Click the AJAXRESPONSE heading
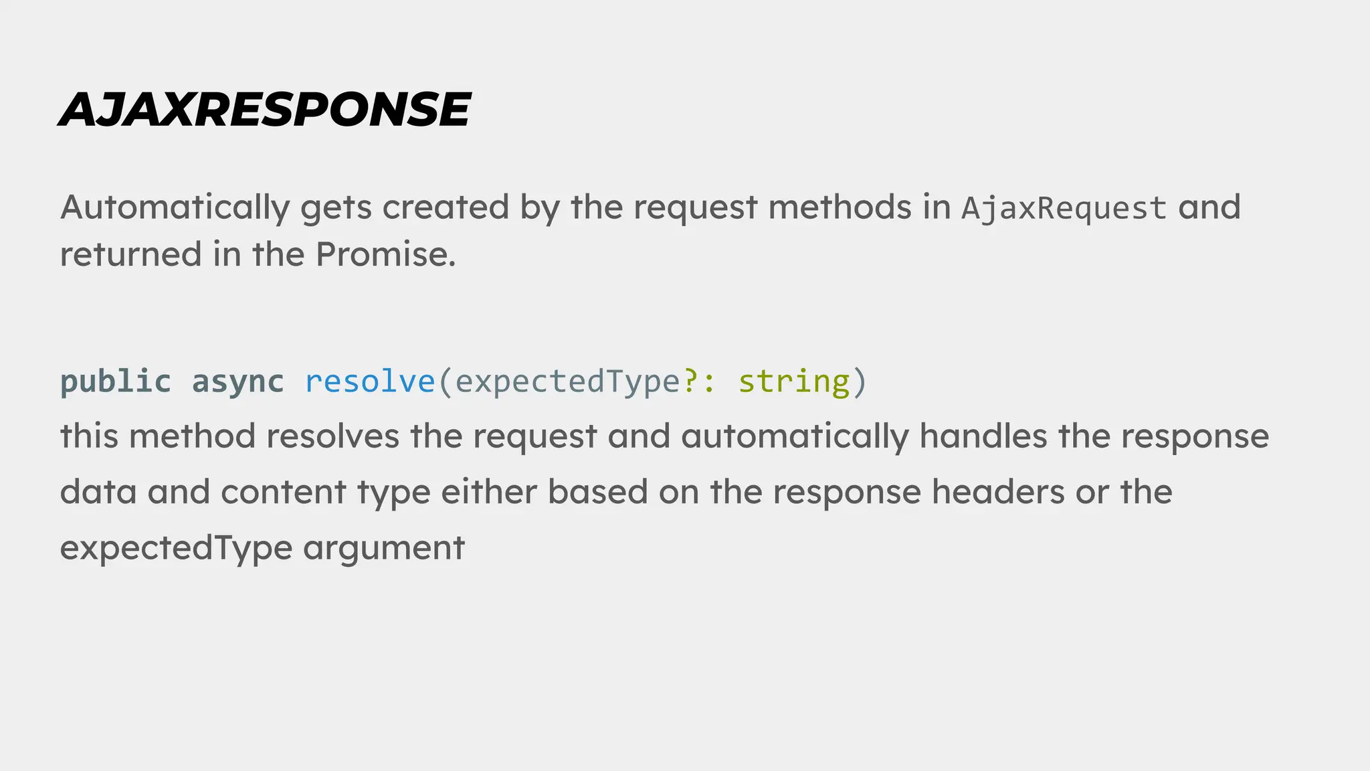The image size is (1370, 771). tap(265, 109)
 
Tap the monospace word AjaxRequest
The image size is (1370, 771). tap(1064, 208)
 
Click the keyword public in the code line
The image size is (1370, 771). tap(115, 382)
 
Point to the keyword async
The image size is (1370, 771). tap(237, 382)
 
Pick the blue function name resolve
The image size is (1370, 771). tap(369, 382)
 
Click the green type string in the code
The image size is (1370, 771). tap(793, 382)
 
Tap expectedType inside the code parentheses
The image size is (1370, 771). tap(567, 382)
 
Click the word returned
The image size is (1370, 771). tap(131, 254)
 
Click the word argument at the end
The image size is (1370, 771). tap(383, 548)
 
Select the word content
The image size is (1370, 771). tap(284, 492)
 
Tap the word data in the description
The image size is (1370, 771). tap(98, 492)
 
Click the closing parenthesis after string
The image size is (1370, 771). tap(860, 382)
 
